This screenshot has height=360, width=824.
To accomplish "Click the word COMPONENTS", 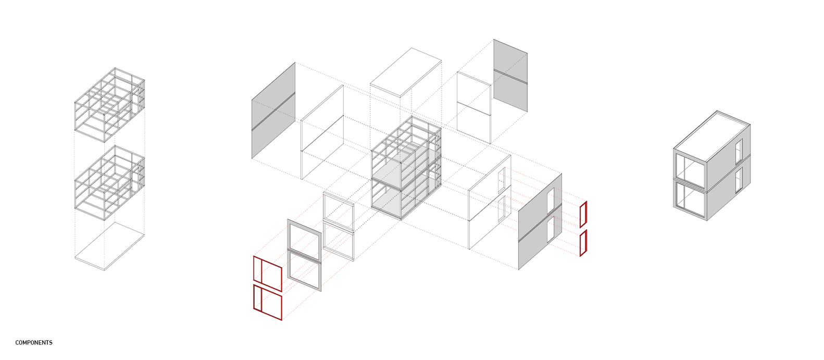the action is point(34,343).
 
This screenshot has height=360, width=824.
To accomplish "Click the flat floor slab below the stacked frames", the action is point(109,246).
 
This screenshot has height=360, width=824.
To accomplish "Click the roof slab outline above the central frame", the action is point(406,72).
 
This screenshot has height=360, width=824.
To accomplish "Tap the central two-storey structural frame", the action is point(406,168).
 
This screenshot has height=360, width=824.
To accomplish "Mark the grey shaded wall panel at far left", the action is point(273,110).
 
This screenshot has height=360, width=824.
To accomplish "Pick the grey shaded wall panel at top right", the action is point(510,76).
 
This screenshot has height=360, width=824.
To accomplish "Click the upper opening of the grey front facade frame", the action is point(304,239).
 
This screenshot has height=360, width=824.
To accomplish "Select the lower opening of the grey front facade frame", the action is point(304,270).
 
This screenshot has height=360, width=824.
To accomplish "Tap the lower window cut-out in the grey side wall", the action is point(551,229).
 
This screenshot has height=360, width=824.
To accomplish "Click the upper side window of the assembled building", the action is point(739,151).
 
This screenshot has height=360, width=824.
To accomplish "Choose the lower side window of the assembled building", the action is point(739,180).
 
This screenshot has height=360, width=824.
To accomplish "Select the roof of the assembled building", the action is point(712,136).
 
